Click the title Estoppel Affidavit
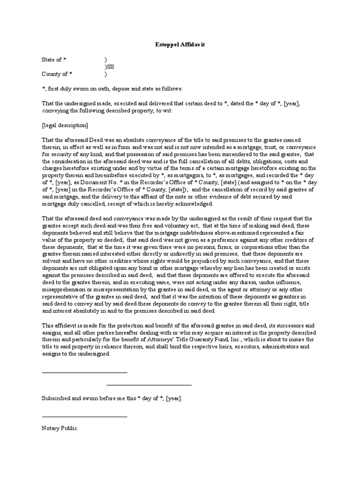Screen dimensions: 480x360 pos(180,44)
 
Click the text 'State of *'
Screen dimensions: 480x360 pos(54,60)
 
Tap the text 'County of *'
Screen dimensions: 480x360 pos(57,74)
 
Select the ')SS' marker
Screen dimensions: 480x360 pos(109,67)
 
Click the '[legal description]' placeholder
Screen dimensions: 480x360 pos(65,126)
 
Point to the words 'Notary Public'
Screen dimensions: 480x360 pos(60,428)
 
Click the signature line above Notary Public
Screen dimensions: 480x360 pos(84,416)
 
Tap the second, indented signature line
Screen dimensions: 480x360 pos(149,385)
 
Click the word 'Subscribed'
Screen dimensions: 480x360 pos(56,398)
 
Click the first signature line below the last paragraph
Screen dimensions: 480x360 pos(84,373)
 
